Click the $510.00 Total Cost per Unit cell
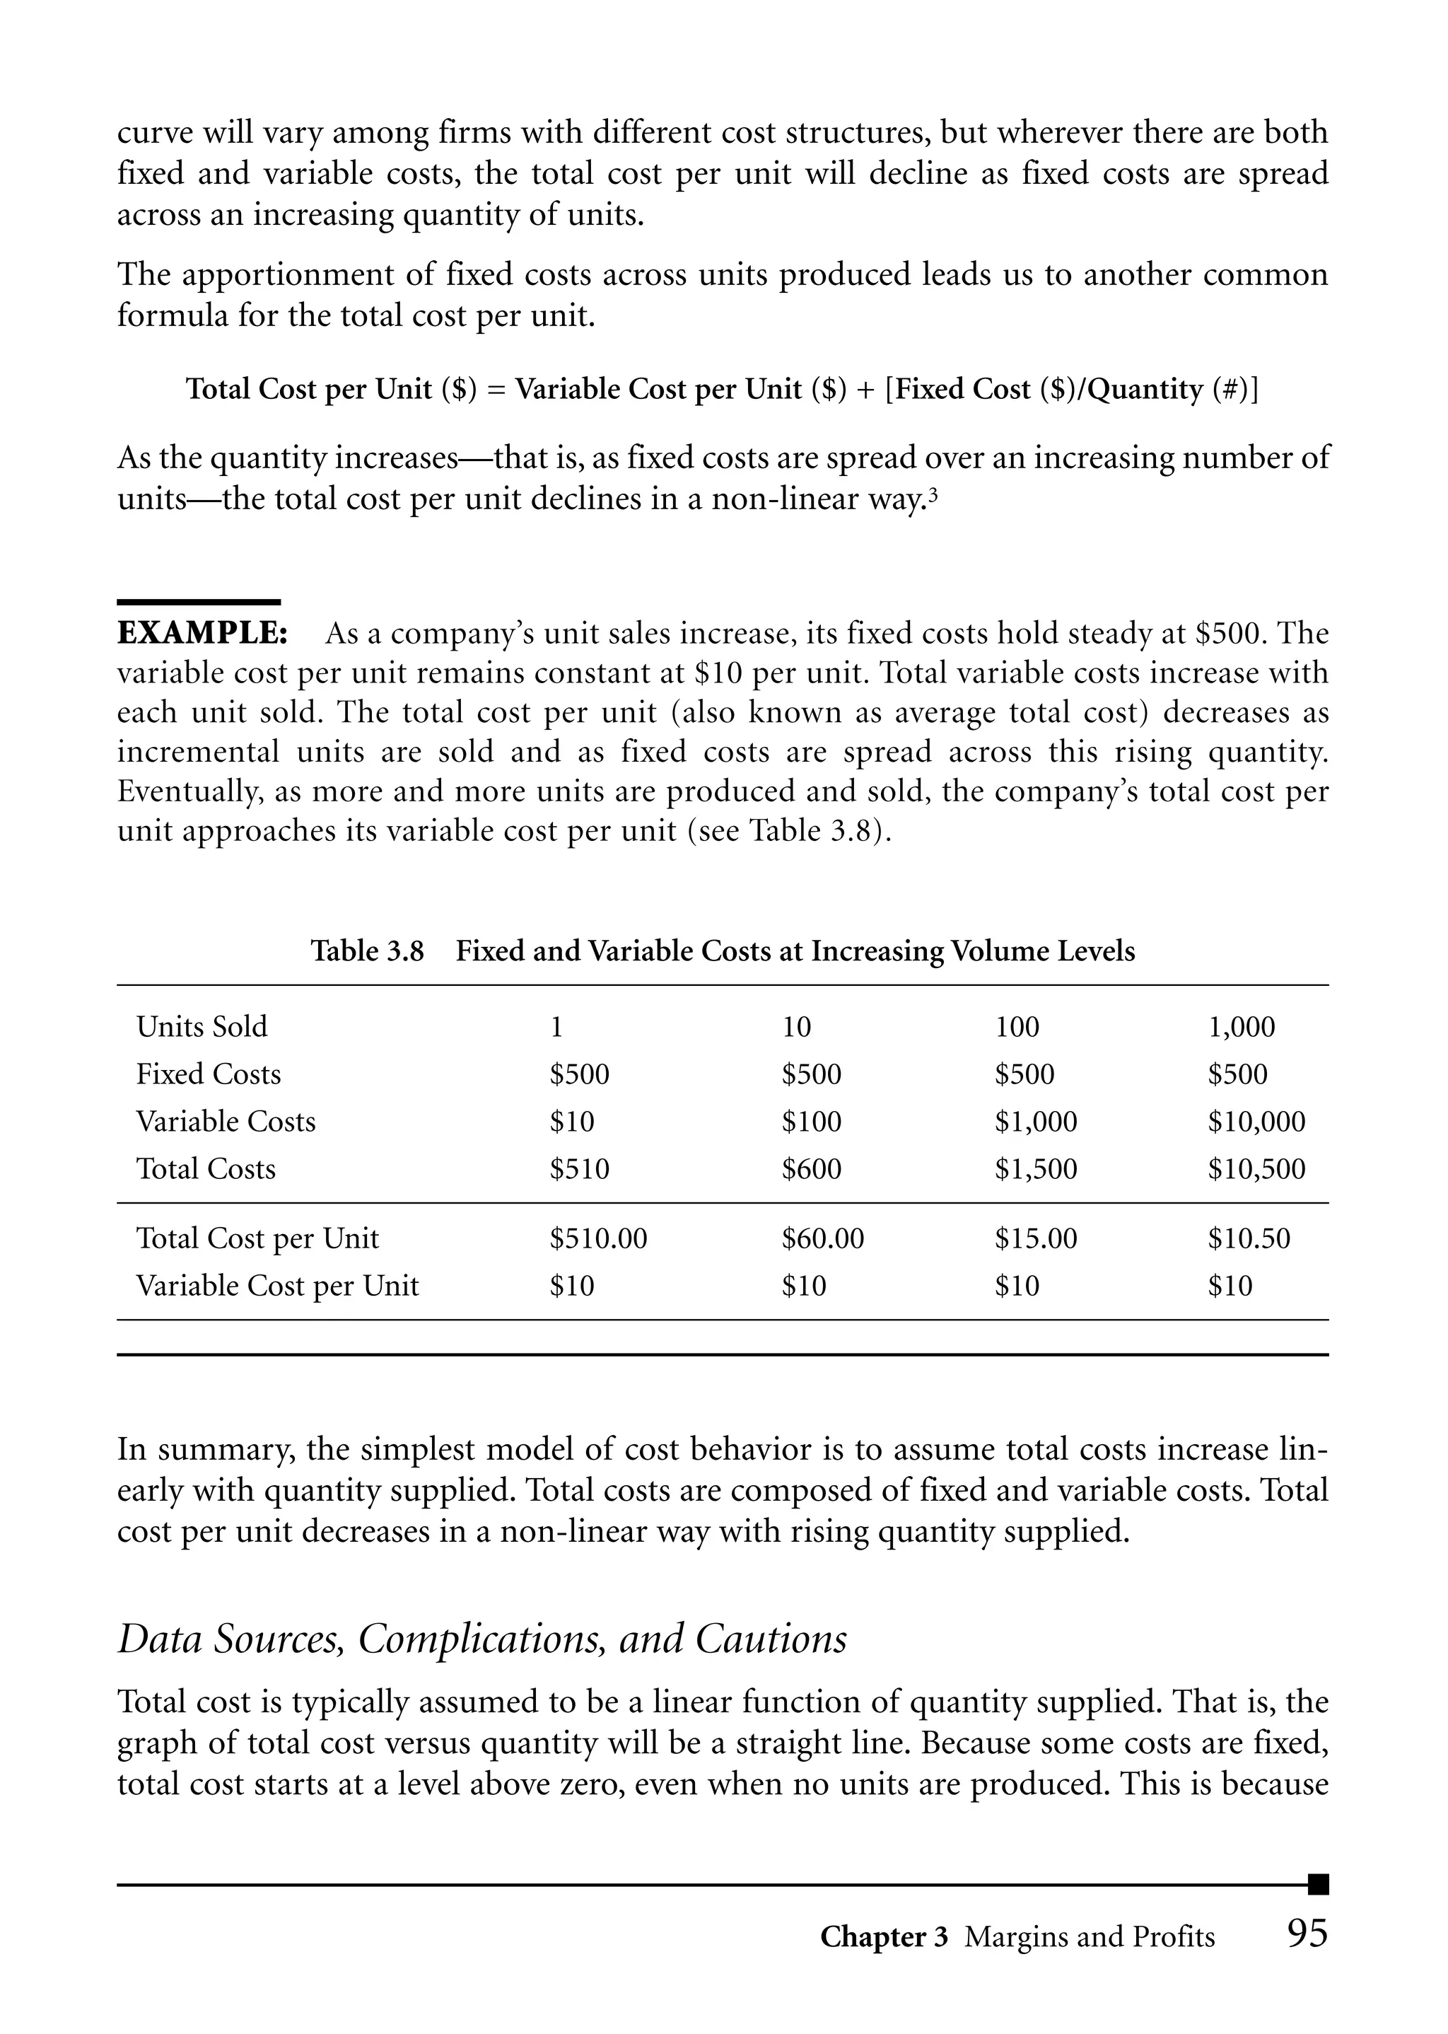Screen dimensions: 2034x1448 (598, 1238)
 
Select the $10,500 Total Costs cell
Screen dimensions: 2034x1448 (1256, 1169)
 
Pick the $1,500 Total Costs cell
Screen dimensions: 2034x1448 (1036, 1169)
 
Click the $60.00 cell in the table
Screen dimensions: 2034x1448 (823, 1238)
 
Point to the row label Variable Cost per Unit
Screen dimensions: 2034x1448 (277, 1286)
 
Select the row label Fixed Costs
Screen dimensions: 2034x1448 (209, 1074)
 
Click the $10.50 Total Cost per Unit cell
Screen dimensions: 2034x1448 (1249, 1238)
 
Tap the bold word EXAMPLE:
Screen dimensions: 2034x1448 (202, 634)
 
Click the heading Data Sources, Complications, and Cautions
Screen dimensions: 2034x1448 (482, 1638)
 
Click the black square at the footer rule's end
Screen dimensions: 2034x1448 (1319, 1884)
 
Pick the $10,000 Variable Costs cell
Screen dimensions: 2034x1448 (1256, 1122)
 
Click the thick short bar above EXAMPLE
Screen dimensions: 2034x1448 (199, 603)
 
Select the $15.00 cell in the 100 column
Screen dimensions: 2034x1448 (1036, 1238)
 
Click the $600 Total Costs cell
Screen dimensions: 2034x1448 (812, 1169)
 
